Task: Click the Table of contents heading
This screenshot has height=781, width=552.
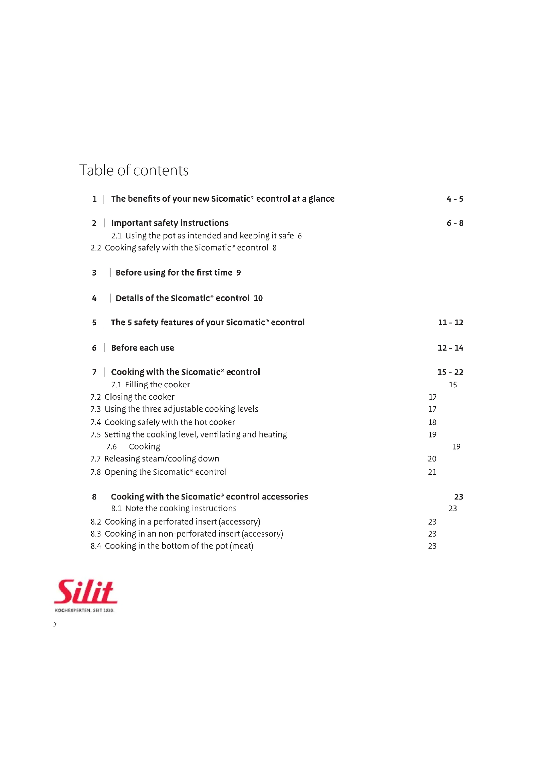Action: (x=133, y=170)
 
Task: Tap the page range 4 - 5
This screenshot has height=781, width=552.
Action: (x=455, y=199)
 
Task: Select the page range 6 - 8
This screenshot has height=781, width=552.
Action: (x=455, y=223)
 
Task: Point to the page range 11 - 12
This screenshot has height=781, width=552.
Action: (x=450, y=322)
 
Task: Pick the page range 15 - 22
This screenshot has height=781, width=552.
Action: (x=450, y=372)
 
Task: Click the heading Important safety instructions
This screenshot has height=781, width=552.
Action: (x=170, y=223)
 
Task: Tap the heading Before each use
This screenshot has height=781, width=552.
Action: (x=143, y=348)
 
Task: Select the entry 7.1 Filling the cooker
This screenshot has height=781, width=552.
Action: (x=150, y=384)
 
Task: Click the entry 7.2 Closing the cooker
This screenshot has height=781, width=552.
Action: (x=132, y=397)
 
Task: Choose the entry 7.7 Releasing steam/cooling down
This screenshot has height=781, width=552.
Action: (x=155, y=458)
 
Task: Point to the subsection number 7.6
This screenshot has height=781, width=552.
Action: (x=111, y=446)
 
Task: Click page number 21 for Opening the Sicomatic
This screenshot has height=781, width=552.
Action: (x=432, y=472)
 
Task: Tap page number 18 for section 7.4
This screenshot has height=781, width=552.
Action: (x=432, y=422)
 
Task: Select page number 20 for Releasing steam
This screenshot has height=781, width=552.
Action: (x=432, y=458)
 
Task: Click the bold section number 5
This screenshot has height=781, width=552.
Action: (x=94, y=323)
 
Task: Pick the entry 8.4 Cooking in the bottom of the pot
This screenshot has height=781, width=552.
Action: (x=172, y=546)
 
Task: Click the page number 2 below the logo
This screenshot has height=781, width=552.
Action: (x=55, y=624)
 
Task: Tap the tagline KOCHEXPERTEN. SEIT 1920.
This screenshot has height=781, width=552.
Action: (x=84, y=610)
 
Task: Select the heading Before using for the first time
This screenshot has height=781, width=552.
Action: (x=174, y=272)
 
